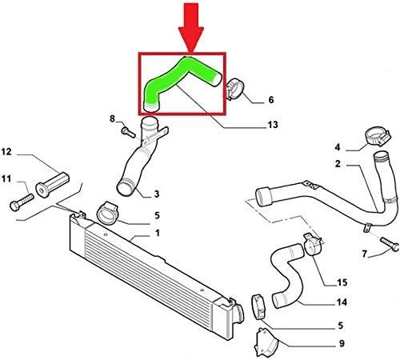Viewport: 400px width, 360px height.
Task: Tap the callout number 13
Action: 273,124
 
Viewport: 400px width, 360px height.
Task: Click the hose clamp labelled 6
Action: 235,89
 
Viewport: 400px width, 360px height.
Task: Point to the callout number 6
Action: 271,100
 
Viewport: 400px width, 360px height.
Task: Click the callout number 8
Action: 112,118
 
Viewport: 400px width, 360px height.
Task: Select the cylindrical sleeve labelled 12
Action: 52,185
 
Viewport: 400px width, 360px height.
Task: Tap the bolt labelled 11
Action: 22,202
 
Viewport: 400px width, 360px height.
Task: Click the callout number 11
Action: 6,178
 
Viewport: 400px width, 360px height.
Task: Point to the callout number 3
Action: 157,194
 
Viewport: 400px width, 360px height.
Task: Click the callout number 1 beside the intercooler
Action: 158,233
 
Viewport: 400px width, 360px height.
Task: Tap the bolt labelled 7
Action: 390,244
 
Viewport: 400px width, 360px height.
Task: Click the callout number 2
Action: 338,164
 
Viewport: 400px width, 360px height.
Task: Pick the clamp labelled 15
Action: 313,244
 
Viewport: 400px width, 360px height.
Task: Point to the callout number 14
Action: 342,302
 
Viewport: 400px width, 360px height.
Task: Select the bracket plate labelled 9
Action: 266,342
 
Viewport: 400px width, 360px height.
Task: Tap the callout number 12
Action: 6,152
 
